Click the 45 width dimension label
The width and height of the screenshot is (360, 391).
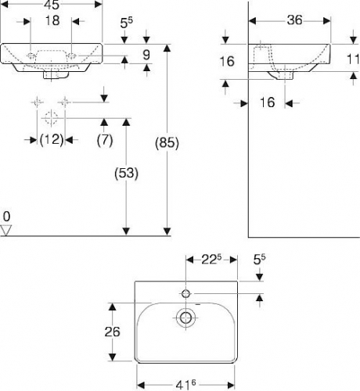tap(52, 5)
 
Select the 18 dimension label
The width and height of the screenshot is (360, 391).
tap(52, 20)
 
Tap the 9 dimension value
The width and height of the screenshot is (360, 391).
tap(146, 55)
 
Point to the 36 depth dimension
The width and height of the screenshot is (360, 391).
tap(294, 20)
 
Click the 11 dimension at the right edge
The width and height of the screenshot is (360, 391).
tap(353, 59)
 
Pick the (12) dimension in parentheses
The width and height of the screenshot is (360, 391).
tap(52, 140)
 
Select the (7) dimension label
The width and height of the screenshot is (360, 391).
tap(105, 140)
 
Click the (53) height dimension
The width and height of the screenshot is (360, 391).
tap(126, 173)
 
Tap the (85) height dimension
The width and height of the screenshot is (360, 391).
tap(167, 143)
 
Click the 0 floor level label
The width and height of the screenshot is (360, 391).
tap(6, 217)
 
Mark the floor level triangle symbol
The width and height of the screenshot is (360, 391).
tap(5, 231)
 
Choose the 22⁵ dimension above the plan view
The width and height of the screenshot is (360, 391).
tap(211, 260)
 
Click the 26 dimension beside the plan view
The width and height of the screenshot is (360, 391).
tap(112, 332)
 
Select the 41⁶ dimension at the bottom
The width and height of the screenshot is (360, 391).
tap(185, 385)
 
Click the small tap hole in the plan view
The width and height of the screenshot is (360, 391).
tap(185, 294)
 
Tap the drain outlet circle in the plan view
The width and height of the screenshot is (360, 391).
tap(185, 317)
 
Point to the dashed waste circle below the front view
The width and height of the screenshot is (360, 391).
tap(51, 118)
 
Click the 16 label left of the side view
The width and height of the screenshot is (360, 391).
tap(227, 62)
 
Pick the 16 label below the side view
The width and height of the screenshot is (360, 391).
tap(268, 102)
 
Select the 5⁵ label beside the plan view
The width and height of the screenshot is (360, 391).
tap(259, 260)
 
